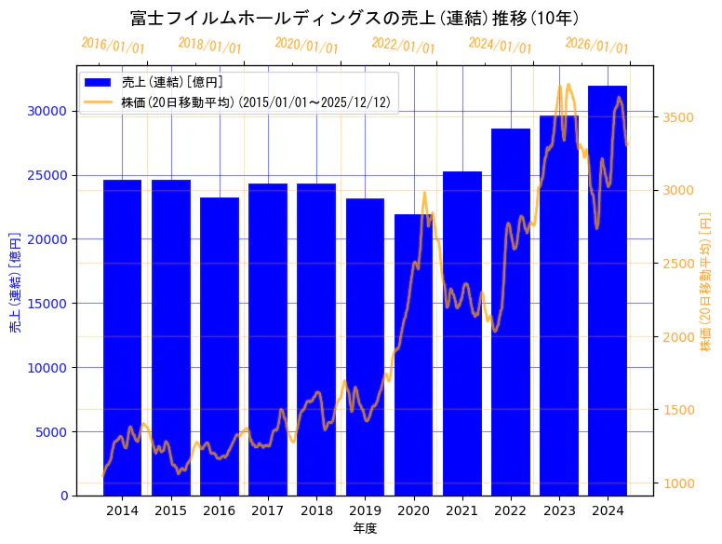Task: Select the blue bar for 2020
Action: click(x=413, y=355)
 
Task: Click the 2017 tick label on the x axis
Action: click(x=268, y=510)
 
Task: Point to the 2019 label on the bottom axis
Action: click(x=365, y=510)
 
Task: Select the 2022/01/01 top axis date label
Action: click(x=403, y=46)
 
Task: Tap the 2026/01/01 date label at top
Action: click(x=596, y=46)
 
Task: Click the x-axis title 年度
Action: click(x=365, y=528)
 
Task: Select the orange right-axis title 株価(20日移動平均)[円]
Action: click(x=704, y=281)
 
